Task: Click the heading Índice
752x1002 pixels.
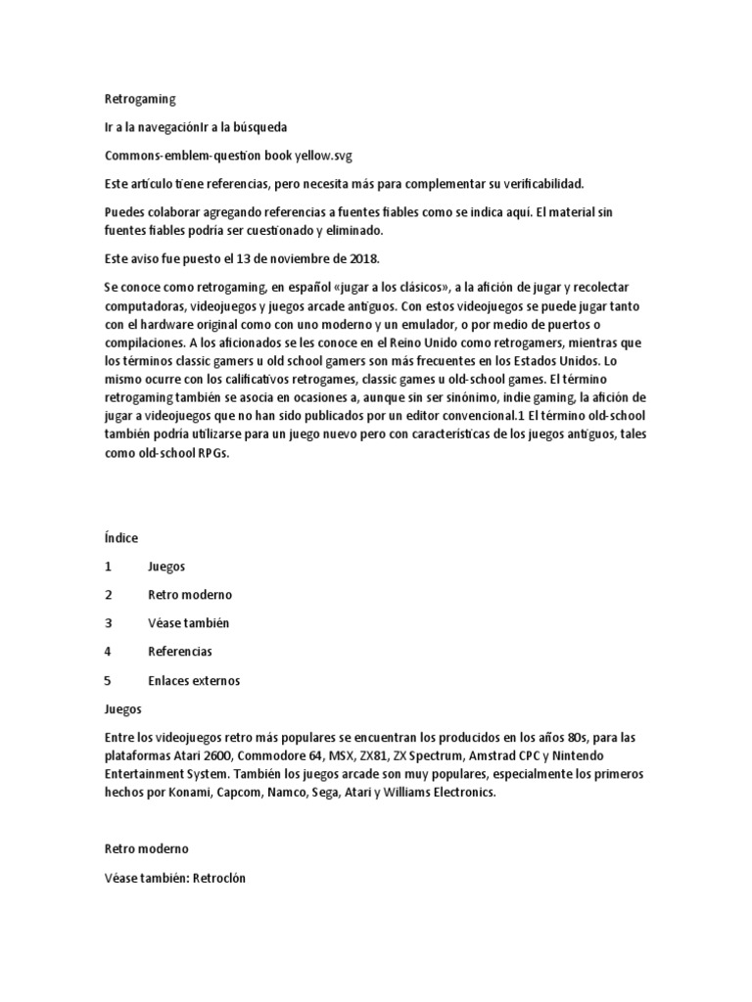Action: [x=121, y=538]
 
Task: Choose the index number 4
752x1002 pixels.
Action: [x=108, y=651]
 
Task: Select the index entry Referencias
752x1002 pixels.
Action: [x=180, y=651]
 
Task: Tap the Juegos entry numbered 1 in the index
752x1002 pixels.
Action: [x=166, y=567]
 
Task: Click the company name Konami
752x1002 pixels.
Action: [x=178, y=796]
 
